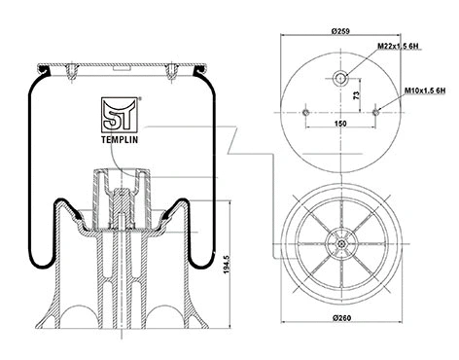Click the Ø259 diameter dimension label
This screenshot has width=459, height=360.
pyautogui.click(x=340, y=33)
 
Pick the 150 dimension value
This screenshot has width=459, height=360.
pyautogui.click(x=340, y=125)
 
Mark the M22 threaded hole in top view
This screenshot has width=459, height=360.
pyautogui.click(x=340, y=79)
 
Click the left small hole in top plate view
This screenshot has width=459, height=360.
pyautogui.click(x=304, y=113)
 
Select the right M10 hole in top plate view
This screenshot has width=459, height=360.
pyautogui.click(x=376, y=113)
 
